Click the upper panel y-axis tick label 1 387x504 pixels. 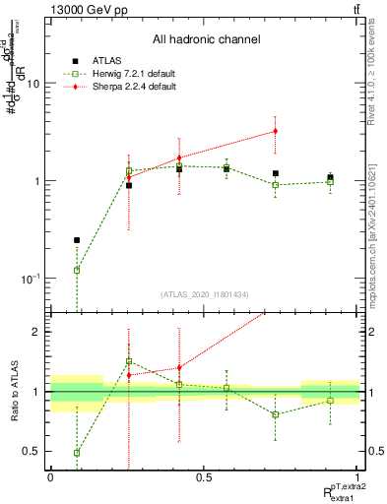click(37, 181)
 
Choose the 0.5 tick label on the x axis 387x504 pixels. click(204, 477)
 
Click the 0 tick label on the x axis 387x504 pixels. click(50, 477)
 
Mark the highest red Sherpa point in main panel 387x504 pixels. click(276, 130)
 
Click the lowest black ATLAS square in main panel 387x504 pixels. click(77, 240)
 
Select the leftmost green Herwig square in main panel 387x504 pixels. click(77, 270)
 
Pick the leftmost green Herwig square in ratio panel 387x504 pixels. click(77, 453)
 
